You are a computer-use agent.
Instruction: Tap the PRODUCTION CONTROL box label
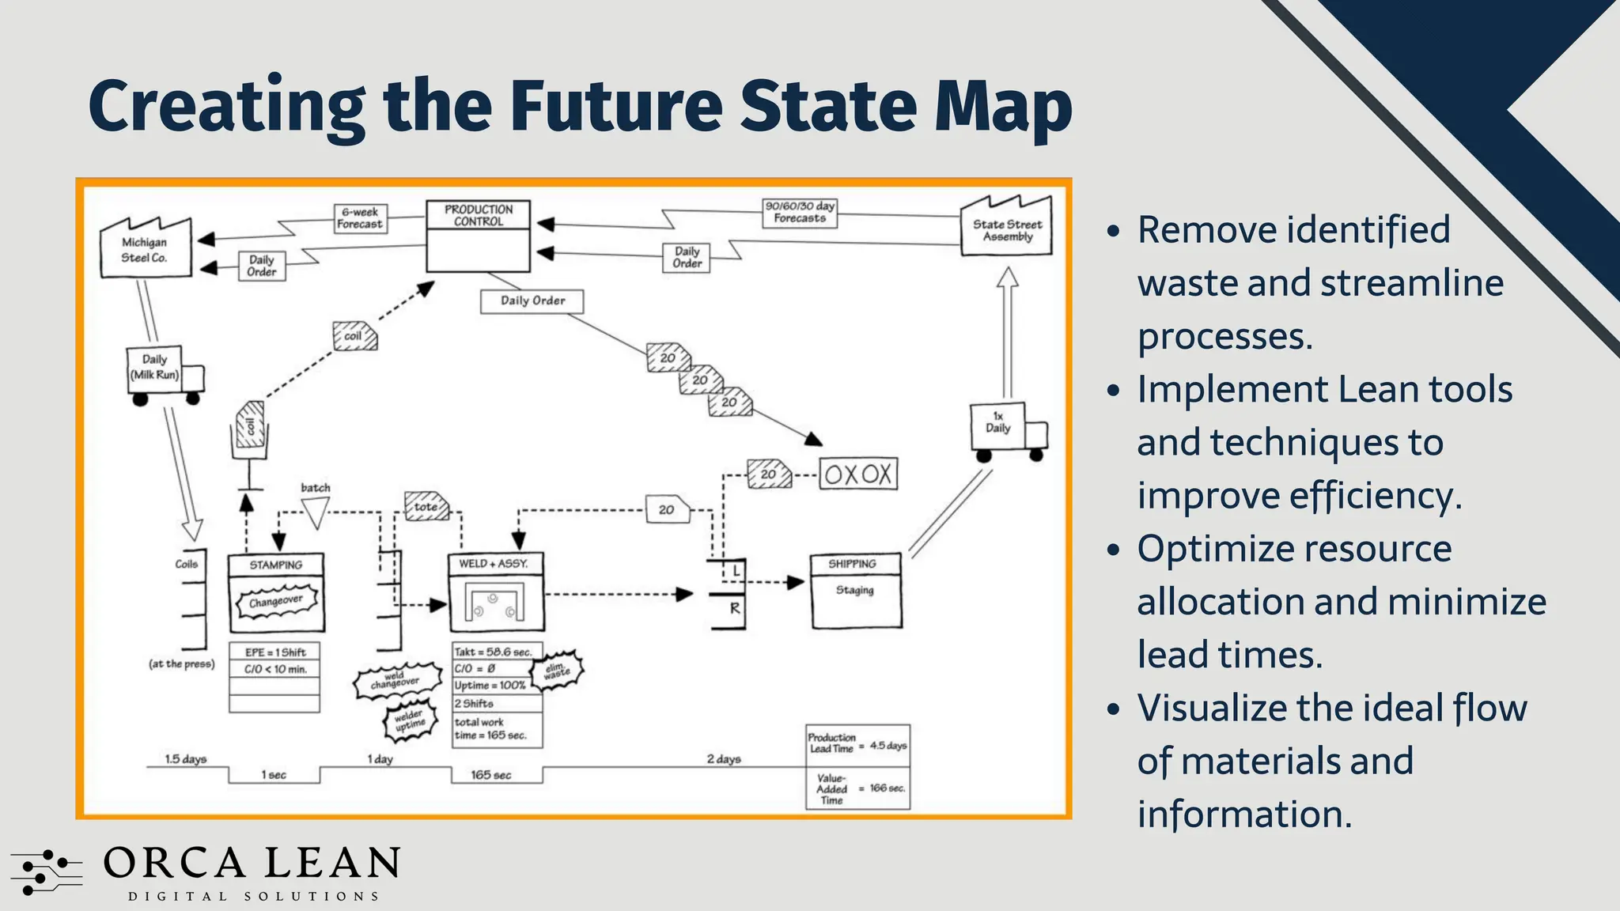[x=478, y=215]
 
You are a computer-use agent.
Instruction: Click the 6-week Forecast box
[x=360, y=218]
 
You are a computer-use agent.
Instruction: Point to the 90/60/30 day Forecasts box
[x=799, y=212]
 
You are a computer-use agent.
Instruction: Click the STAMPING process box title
[x=275, y=565]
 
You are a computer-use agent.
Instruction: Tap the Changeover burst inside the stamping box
[x=276, y=602]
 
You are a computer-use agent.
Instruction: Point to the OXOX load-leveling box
[x=858, y=474]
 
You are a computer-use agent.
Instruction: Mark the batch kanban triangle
[x=316, y=512]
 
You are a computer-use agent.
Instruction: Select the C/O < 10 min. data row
[x=274, y=669]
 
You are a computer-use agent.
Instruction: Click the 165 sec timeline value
[x=491, y=775]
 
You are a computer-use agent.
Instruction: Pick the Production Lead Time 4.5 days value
[x=888, y=746]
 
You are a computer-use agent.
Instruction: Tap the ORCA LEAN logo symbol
[x=46, y=871]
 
